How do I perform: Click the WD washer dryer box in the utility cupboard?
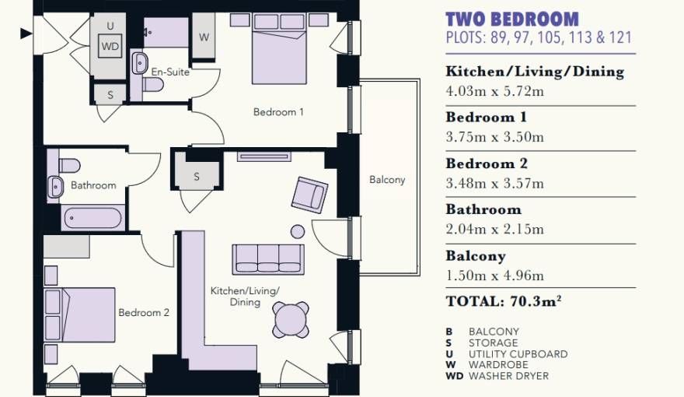(x=110, y=46)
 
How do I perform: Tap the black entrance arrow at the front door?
(x=26, y=33)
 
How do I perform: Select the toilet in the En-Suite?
(x=152, y=85)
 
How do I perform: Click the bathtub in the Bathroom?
(x=92, y=218)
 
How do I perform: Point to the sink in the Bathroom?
(x=55, y=187)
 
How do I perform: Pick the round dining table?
(x=291, y=319)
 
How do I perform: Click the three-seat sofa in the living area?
(x=268, y=259)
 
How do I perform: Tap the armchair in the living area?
(x=309, y=195)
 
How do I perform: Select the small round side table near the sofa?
(x=298, y=231)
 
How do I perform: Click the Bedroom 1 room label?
(x=278, y=112)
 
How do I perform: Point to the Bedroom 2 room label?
(x=144, y=313)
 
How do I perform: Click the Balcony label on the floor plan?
(x=387, y=180)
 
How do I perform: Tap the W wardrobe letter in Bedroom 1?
(x=204, y=37)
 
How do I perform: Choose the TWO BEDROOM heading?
(x=512, y=19)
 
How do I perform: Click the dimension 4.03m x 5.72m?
(x=494, y=91)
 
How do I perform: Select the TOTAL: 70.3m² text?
(x=504, y=301)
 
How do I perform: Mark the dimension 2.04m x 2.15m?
(x=494, y=229)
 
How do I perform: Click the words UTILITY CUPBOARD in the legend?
(x=518, y=353)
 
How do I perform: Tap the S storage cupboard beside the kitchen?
(x=197, y=177)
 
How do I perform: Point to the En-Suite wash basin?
(x=140, y=64)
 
